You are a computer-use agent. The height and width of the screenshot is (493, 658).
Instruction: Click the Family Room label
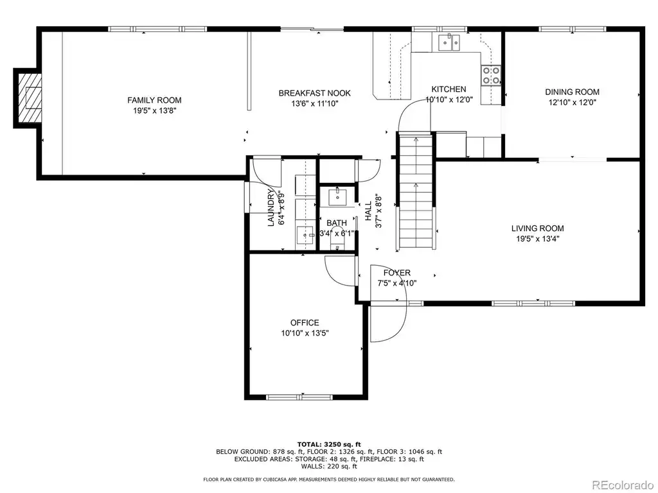coord(154,100)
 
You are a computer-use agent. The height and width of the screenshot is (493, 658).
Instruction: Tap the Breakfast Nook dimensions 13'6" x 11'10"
coord(315,103)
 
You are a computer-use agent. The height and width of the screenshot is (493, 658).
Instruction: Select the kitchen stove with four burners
coord(491,76)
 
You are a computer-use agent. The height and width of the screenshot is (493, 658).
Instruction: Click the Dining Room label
coord(572,92)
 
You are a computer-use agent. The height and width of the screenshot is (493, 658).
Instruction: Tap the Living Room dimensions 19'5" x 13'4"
coord(538,239)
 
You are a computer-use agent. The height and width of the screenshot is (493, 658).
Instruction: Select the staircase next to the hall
coord(416,191)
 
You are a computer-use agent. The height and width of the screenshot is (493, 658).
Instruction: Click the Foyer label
coord(396,273)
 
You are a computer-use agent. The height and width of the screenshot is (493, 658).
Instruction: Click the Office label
coord(305,323)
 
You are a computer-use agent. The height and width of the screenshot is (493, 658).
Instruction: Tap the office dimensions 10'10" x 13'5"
coord(305,333)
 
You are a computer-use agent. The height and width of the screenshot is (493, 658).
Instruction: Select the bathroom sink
coord(337,196)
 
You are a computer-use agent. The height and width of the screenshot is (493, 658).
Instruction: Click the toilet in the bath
coord(337,238)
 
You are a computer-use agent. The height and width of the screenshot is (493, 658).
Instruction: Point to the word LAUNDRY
coord(271,208)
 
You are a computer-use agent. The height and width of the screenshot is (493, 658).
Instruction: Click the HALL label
coord(368,211)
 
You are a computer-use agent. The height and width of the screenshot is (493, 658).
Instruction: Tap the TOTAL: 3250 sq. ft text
coord(329,444)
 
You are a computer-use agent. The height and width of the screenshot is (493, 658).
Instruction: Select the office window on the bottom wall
coord(299,397)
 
